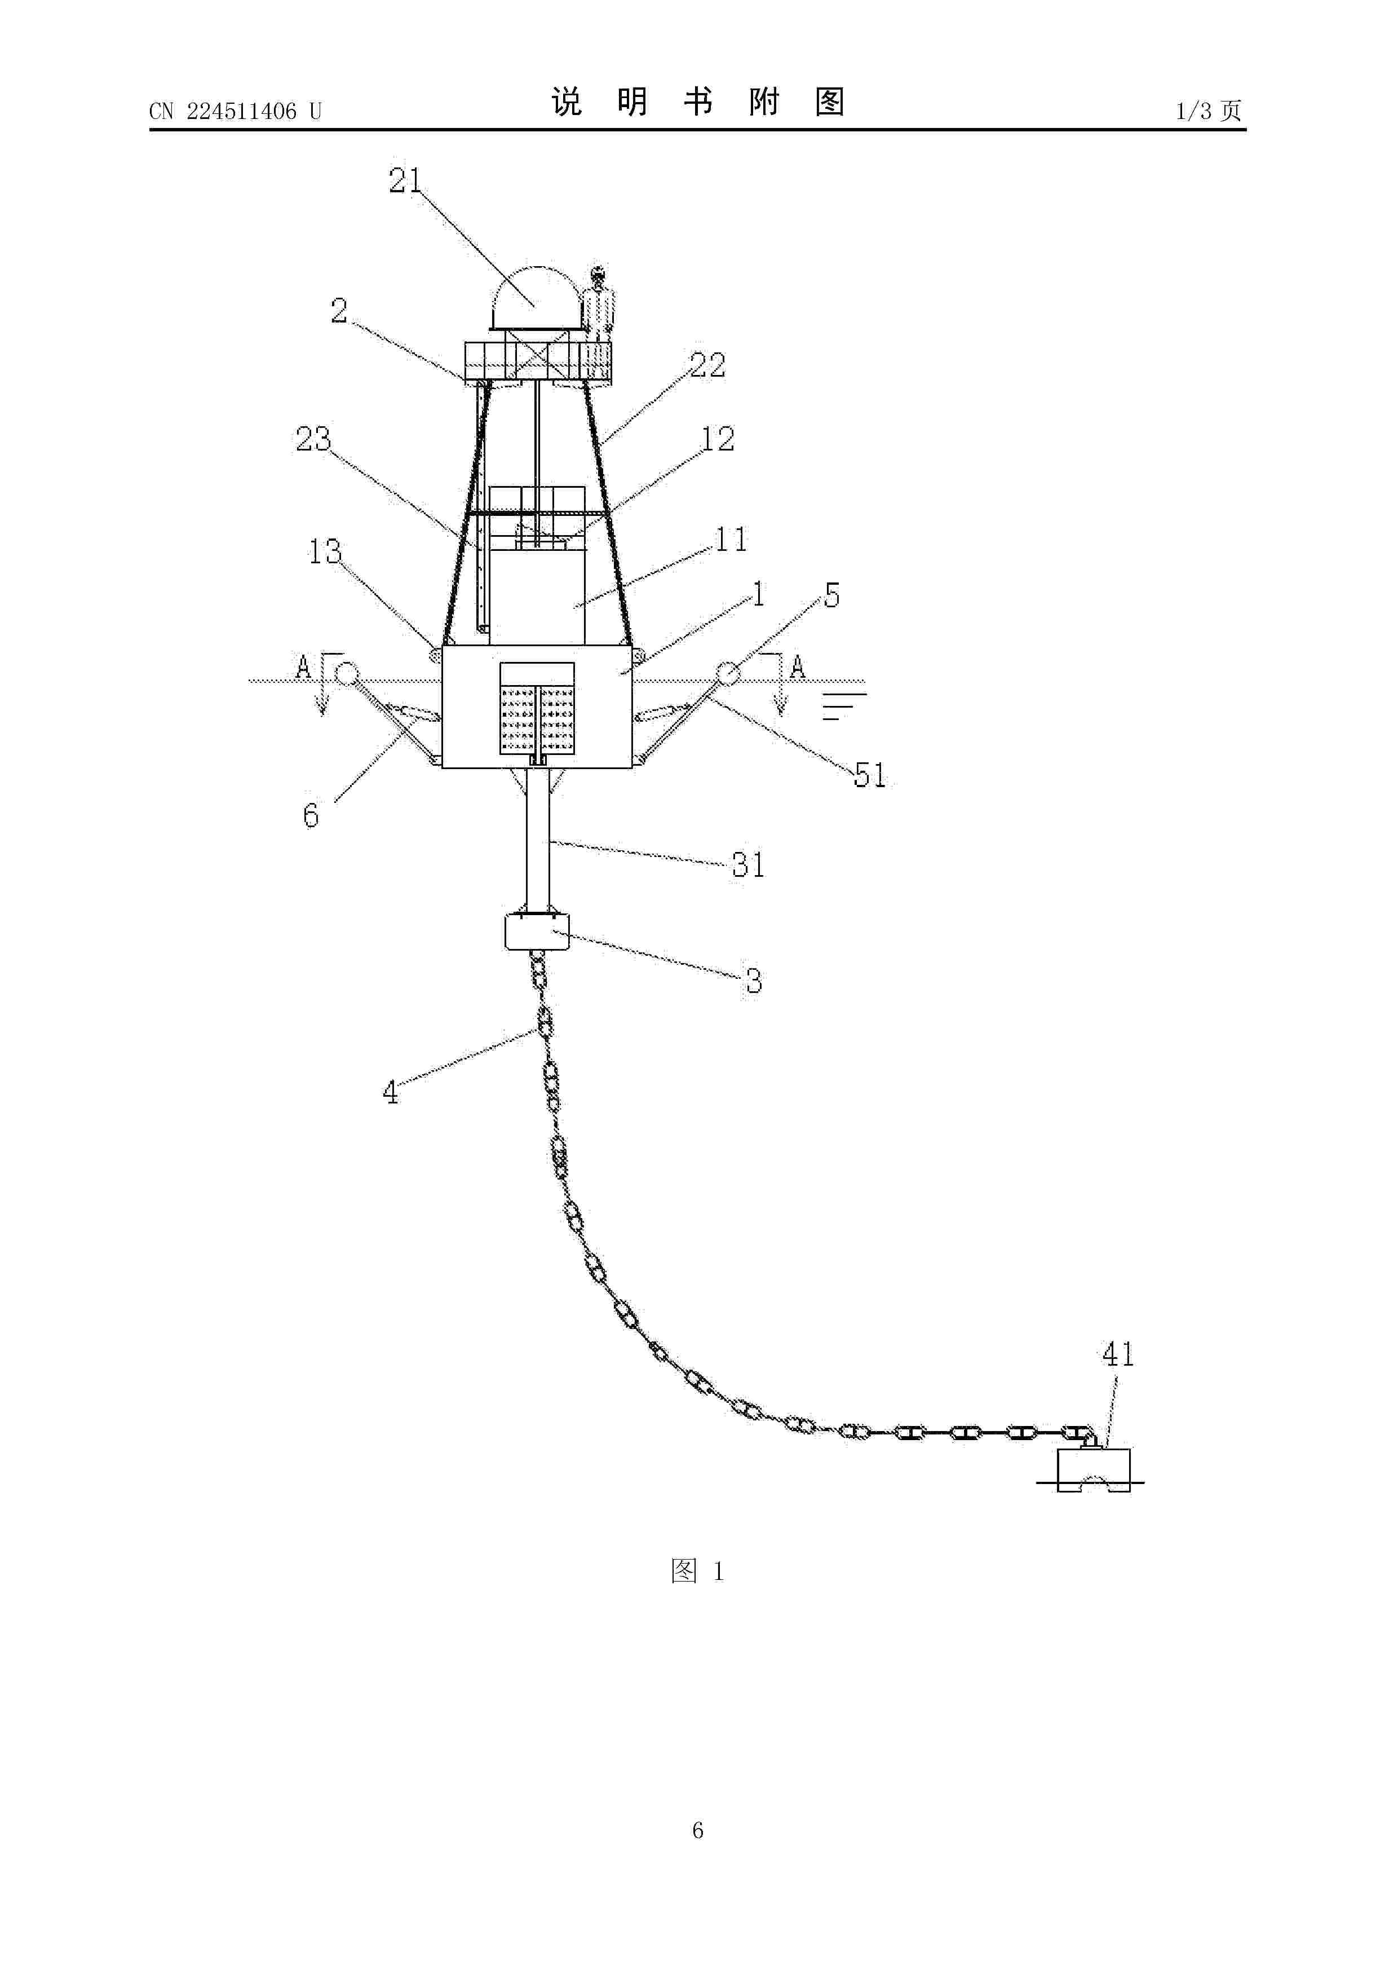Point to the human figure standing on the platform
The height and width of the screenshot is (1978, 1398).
click(598, 302)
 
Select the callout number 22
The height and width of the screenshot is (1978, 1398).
click(707, 365)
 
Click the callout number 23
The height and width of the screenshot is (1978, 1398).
click(313, 439)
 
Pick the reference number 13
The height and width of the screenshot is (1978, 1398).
click(325, 551)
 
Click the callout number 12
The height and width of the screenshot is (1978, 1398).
click(718, 439)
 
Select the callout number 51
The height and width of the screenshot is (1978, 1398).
click(870, 775)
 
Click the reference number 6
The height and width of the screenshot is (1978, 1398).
click(311, 815)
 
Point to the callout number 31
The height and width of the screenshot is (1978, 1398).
click(749, 865)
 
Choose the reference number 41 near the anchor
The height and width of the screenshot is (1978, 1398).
click(1118, 1355)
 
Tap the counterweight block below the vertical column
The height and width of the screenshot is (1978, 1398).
click(537, 931)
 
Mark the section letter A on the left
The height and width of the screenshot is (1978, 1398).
click(303, 667)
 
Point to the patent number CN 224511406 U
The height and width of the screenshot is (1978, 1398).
click(235, 111)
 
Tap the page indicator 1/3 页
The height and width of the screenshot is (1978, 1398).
click(1209, 111)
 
